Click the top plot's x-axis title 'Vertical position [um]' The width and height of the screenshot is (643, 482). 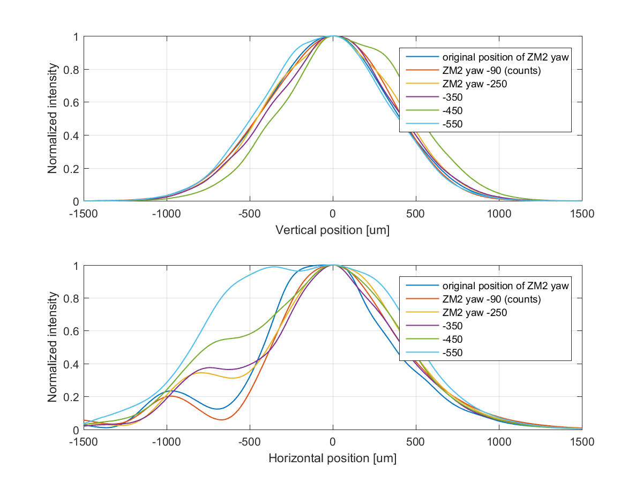point(332,230)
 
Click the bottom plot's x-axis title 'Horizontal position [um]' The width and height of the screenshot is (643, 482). point(332,459)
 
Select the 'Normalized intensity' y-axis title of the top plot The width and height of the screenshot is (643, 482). point(53,119)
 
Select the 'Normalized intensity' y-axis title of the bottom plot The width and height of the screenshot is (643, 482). point(53,347)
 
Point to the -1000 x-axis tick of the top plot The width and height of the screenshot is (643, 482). point(166,213)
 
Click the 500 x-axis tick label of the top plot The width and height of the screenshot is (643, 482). point(416,213)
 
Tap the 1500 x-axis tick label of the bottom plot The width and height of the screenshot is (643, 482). point(582,441)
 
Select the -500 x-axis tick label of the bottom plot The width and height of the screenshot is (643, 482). point(249,441)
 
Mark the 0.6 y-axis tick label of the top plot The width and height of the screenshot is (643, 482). point(72,103)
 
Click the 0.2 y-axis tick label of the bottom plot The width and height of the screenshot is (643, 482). point(72,397)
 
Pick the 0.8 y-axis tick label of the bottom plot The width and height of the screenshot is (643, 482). point(72,298)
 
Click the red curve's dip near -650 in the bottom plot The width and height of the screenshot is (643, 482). point(222,420)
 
